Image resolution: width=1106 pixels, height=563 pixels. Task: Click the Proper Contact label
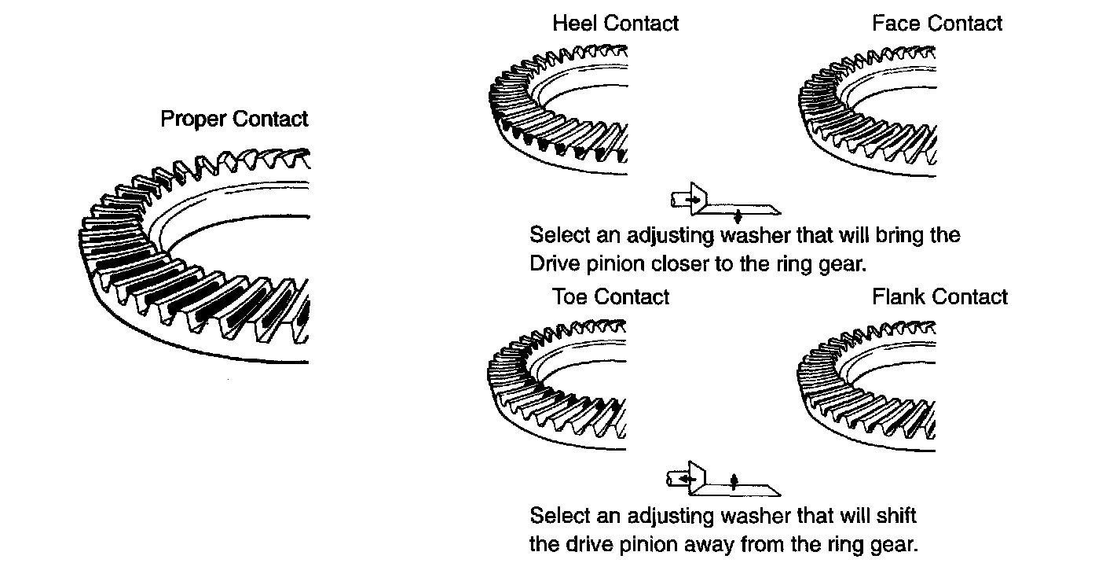(x=234, y=120)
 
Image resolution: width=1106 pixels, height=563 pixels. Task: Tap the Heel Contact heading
(x=615, y=24)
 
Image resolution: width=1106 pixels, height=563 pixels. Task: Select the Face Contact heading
(x=936, y=24)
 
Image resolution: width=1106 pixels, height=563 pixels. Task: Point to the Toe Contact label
(x=610, y=297)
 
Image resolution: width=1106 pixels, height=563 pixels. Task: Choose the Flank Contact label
(x=939, y=297)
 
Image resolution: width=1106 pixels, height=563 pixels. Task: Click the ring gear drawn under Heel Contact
(x=558, y=110)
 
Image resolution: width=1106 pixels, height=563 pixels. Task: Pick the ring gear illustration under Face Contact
(x=868, y=110)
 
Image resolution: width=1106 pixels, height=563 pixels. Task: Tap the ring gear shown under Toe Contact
(x=558, y=385)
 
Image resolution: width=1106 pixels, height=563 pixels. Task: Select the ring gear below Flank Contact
(x=868, y=385)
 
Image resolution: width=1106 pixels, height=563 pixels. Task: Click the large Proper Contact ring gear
(x=196, y=259)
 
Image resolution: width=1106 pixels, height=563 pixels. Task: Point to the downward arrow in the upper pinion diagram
(x=738, y=216)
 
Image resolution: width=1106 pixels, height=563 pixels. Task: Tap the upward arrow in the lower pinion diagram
(x=734, y=480)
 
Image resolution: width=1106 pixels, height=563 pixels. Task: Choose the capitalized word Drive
(x=555, y=264)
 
